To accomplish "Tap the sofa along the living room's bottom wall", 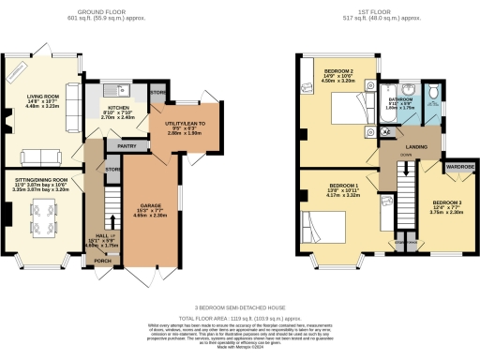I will coord(37,156).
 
